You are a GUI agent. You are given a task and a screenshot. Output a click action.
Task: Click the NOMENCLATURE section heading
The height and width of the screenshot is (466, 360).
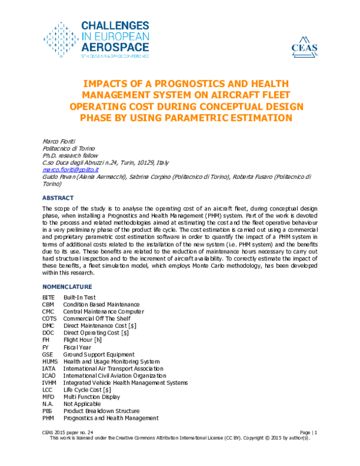pyautogui.click(x=67, y=287)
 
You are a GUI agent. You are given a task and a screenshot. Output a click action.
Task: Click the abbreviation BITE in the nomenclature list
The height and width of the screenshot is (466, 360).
pyautogui.click(x=49, y=297)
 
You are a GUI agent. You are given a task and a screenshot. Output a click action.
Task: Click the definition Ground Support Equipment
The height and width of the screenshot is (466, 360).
pyautogui.click(x=99, y=354)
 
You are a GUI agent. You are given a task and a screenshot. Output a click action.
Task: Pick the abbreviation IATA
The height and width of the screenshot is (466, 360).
pyautogui.click(x=49, y=368)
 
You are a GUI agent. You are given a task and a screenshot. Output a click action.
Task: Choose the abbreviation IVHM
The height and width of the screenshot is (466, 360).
pyautogui.click(x=50, y=383)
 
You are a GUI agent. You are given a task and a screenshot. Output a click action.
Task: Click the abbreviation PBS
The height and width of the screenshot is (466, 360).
pyautogui.click(x=48, y=411)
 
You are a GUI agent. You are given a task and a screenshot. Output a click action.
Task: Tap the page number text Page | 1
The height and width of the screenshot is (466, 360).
pyautogui.click(x=307, y=432)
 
